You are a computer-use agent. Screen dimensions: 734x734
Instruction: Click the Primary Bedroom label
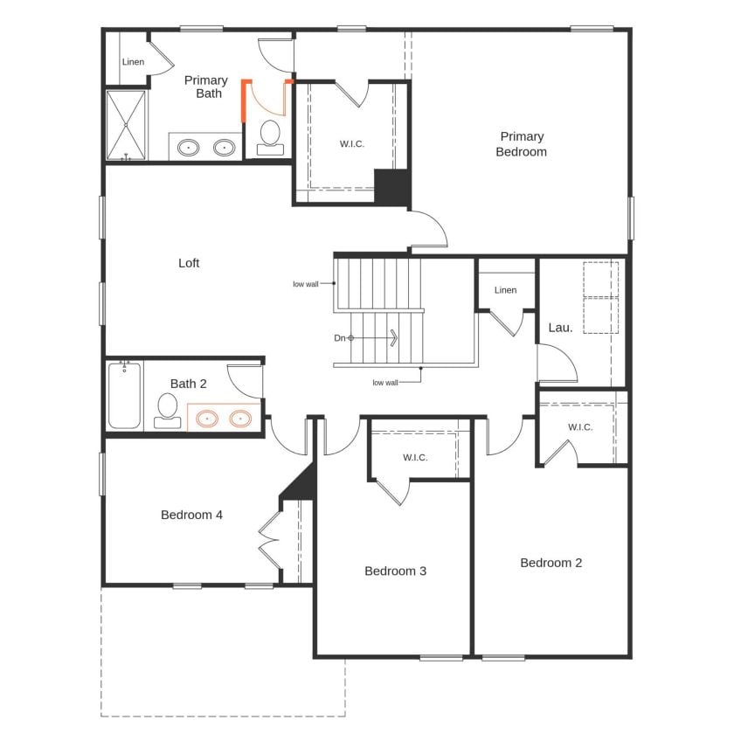click(522, 144)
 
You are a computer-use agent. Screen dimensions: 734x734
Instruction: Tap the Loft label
click(189, 263)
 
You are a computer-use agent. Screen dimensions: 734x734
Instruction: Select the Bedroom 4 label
click(191, 515)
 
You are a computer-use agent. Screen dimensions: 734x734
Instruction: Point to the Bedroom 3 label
click(395, 571)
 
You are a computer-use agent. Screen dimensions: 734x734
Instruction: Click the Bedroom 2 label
click(550, 563)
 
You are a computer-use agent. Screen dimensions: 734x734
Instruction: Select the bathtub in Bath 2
click(124, 396)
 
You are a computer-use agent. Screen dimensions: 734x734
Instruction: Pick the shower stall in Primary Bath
click(127, 124)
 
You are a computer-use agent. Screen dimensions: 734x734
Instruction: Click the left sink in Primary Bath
click(189, 148)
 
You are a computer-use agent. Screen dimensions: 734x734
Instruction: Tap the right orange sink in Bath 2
click(241, 419)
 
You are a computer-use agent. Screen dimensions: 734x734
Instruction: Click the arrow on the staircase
click(393, 337)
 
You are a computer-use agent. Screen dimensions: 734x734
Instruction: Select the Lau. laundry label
click(560, 328)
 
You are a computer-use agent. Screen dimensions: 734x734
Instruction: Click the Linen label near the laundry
click(505, 290)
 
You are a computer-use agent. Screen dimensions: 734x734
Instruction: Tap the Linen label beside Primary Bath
click(134, 62)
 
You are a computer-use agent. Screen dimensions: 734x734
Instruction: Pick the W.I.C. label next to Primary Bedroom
click(352, 144)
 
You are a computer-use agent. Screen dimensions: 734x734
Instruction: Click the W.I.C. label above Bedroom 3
click(415, 458)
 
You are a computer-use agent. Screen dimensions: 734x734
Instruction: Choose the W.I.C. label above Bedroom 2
click(580, 427)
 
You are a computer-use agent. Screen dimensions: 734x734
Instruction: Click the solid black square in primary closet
click(392, 186)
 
